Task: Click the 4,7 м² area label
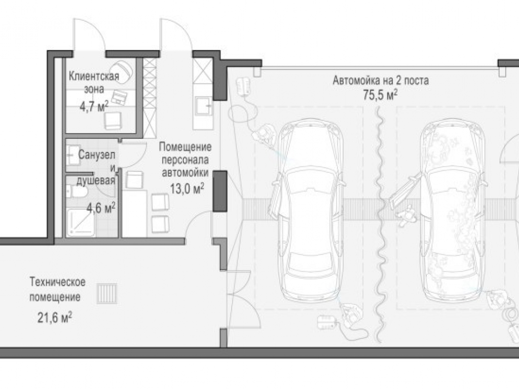click(94, 106)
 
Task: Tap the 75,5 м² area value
click(380, 95)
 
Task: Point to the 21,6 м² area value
click(55, 318)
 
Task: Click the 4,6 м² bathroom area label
click(101, 208)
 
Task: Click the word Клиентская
click(94, 76)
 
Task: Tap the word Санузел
click(97, 154)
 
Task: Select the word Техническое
click(58, 282)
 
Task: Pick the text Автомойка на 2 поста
click(381, 81)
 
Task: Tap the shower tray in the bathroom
click(81, 222)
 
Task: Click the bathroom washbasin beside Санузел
click(73, 155)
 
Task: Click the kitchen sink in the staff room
click(204, 106)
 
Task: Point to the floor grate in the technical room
click(107, 293)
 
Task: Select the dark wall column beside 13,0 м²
click(219, 191)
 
